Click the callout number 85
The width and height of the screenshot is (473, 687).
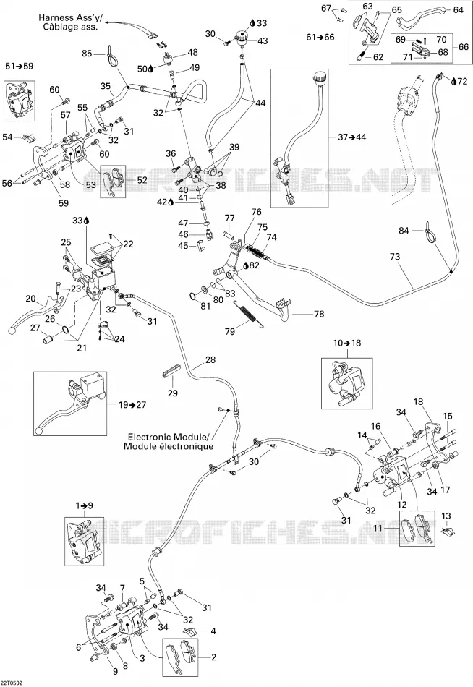(x=88, y=53)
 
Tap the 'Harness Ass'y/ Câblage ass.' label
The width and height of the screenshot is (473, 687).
(x=69, y=22)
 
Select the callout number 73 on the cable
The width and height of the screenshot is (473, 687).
(x=395, y=256)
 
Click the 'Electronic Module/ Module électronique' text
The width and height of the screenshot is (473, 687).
(x=169, y=442)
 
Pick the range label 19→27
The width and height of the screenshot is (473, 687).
(x=132, y=404)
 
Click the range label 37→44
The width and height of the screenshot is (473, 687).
(x=352, y=137)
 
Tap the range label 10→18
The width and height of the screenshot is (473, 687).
(x=347, y=343)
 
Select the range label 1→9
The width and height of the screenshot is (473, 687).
(x=84, y=505)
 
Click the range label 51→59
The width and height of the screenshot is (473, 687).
(x=20, y=66)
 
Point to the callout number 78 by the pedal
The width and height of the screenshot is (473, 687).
(x=319, y=314)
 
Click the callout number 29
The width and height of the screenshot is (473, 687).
(x=173, y=393)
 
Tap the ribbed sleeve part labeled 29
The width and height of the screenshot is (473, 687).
(x=171, y=370)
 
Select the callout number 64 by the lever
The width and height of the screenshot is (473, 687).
(x=458, y=9)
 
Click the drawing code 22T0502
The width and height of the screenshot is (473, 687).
(x=12, y=683)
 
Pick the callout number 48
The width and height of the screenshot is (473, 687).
(x=193, y=53)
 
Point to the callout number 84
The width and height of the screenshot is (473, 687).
(x=404, y=231)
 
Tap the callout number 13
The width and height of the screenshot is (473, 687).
(x=446, y=516)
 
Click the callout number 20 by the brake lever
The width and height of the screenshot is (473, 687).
(x=30, y=299)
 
